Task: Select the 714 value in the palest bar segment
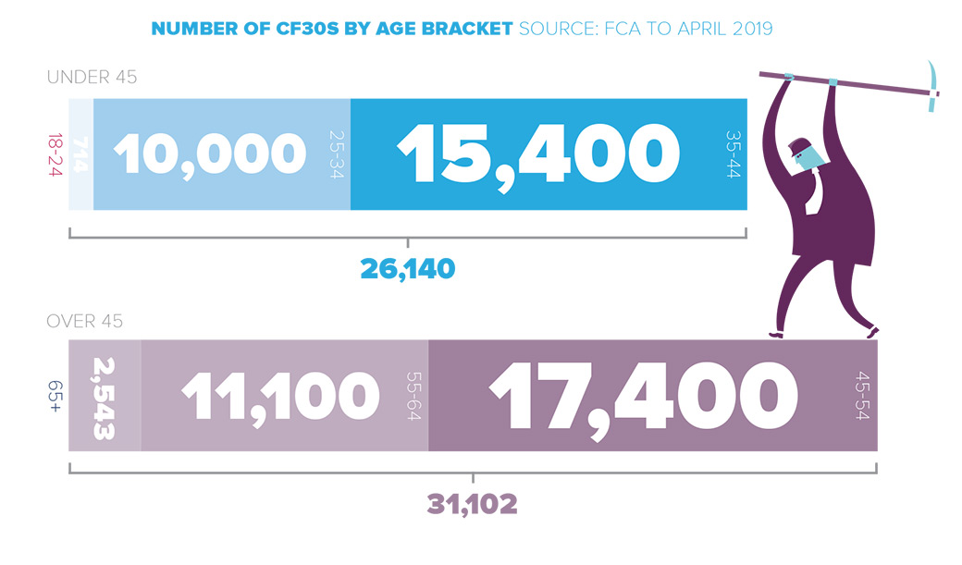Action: tap(80, 154)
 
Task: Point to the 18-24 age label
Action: tap(54, 154)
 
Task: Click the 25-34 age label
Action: tap(336, 154)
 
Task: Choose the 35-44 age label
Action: tap(734, 154)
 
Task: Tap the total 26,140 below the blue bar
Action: tap(407, 269)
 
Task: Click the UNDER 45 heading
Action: tap(92, 78)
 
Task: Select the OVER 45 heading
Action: tap(85, 322)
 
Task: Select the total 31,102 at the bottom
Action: tap(472, 505)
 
